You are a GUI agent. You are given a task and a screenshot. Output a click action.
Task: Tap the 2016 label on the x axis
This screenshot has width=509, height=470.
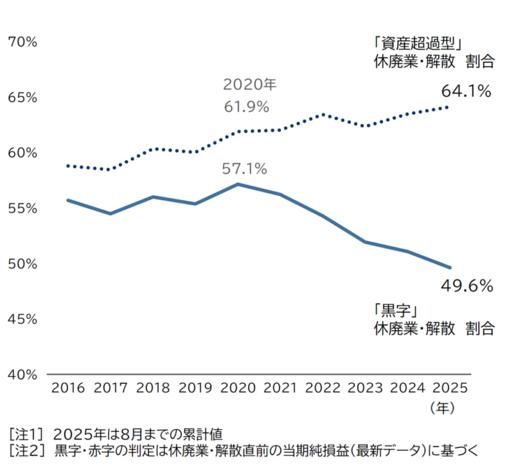[68, 388]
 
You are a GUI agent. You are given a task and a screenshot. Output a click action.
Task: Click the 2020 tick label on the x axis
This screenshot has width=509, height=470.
[238, 388]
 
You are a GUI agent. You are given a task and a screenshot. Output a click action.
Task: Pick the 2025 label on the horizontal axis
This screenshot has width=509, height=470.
[449, 388]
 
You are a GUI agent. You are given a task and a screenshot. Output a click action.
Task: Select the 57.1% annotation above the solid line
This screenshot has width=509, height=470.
[244, 169]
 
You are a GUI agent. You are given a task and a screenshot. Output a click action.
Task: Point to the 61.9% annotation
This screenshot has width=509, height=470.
[246, 107]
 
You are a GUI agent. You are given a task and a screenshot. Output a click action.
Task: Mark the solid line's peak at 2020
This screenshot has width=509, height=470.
[238, 184]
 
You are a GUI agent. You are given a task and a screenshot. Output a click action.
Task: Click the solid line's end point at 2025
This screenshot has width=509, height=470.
[449, 268]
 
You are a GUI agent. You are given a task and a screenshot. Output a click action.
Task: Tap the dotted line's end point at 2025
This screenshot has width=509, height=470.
[448, 107]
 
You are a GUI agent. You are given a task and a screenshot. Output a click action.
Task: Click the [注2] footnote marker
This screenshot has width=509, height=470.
[27, 451]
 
